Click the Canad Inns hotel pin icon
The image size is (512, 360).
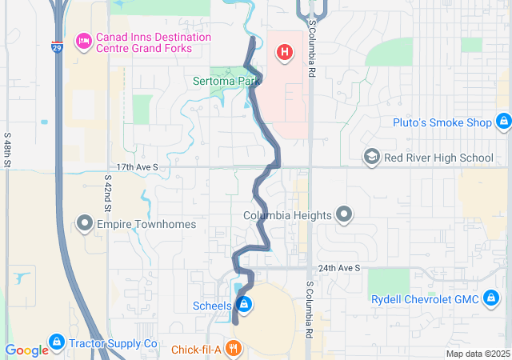[83, 42]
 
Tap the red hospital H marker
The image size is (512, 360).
[283, 53]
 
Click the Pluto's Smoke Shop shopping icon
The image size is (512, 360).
[503, 122]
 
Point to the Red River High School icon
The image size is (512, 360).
[371, 157]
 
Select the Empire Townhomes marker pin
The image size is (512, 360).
[85, 223]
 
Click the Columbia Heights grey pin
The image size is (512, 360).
[344, 214]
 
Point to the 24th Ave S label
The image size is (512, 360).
[338, 268]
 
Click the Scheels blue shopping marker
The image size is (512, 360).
[244, 305]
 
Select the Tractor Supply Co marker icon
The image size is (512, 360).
[56, 343]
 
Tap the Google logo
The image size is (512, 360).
[26, 350]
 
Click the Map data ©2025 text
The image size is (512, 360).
[477, 354]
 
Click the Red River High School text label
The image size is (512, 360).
[438, 158]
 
